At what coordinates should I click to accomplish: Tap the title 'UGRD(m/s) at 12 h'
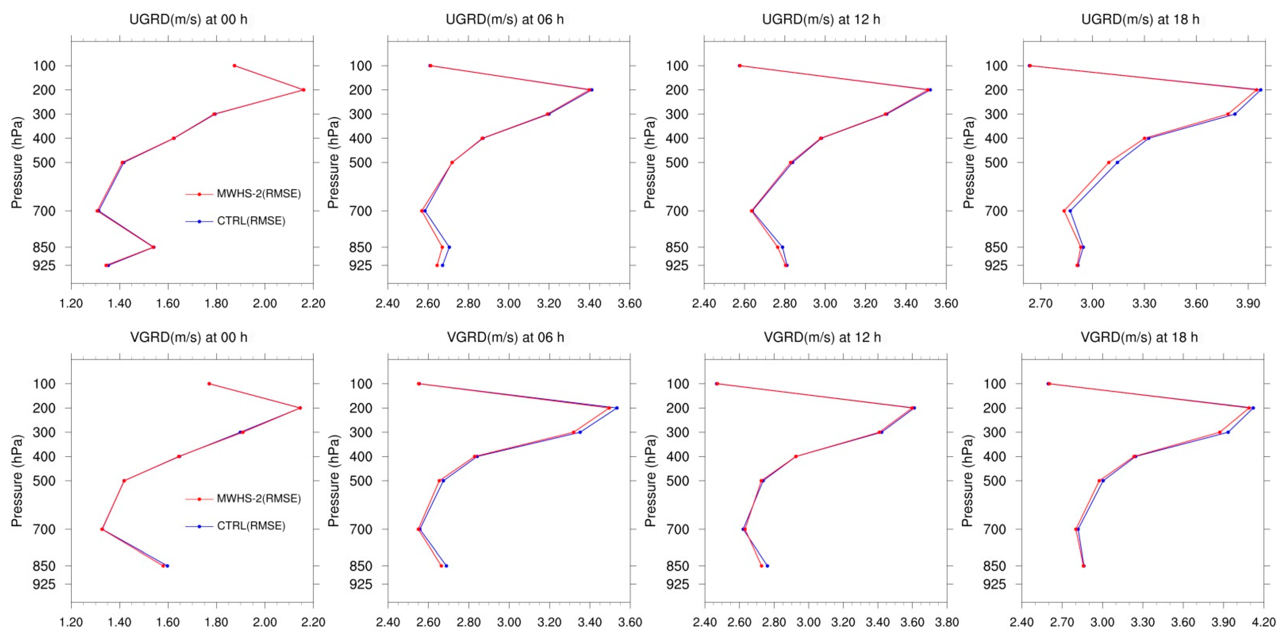click(x=821, y=19)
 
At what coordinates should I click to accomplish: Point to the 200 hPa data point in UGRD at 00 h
click(x=303, y=90)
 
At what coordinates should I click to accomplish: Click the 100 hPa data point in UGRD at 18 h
click(x=1030, y=65)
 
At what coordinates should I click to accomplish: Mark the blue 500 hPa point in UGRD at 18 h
click(x=1117, y=162)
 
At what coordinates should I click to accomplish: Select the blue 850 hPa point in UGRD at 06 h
click(x=449, y=247)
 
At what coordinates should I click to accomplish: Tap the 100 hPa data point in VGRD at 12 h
click(x=717, y=383)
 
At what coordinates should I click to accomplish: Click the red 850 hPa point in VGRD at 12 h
click(x=761, y=566)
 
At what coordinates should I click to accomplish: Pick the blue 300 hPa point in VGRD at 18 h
click(x=1228, y=432)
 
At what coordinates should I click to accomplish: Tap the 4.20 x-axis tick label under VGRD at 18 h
click(x=1263, y=622)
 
